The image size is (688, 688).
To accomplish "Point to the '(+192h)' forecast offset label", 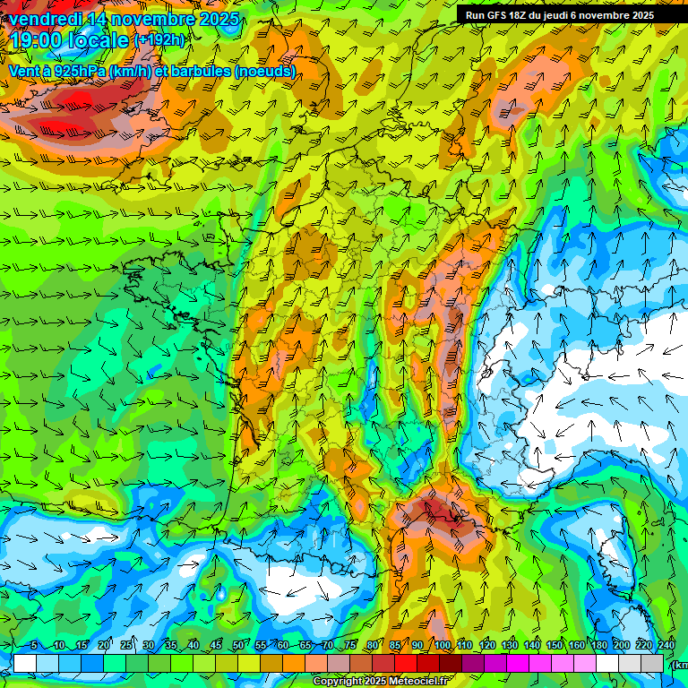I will click(x=159, y=40).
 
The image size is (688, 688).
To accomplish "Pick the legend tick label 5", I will click(x=33, y=645).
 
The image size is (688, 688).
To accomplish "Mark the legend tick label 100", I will click(x=442, y=645).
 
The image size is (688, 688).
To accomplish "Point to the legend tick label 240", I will click(x=666, y=645).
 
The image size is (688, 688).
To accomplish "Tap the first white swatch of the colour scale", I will click(x=25, y=663).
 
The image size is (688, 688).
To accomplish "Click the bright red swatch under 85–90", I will click(x=406, y=663).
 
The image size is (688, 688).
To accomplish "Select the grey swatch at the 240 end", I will click(x=652, y=663).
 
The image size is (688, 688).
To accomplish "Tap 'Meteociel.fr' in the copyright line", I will click(x=418, y=682).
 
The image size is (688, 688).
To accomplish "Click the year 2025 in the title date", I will click(x=219, y=19).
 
